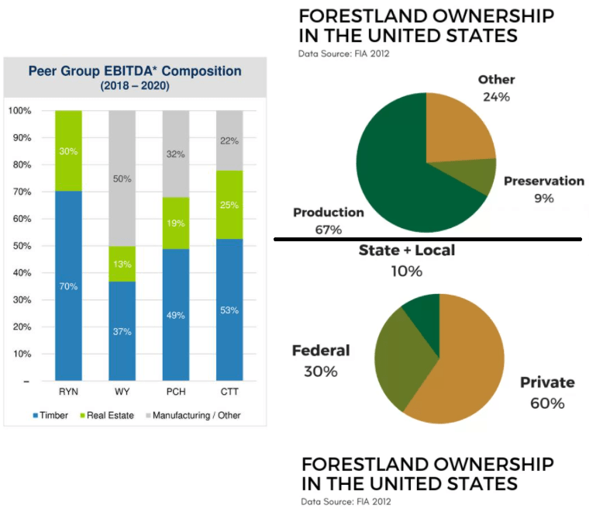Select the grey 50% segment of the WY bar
pyautogui.click(x=122, y=178)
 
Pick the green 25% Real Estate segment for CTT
pyautogui.click(x=229, y=205)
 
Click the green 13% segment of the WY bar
pyautogui.click(x=122, y=264)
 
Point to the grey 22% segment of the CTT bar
pyautogui.click(x=229, y=140)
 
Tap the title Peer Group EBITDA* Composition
pyautogui.click(x=135, y=71)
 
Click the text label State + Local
pyautogui.click(x=406, y=251)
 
